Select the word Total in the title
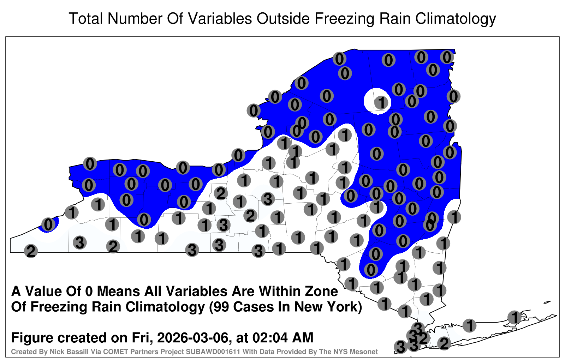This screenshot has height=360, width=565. point(86,19)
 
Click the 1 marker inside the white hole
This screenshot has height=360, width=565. point(381,103)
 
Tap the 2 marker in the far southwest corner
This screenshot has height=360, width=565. point(31,251)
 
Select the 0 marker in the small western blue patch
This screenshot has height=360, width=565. point(48,224)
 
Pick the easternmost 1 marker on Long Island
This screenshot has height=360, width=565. point(514,317)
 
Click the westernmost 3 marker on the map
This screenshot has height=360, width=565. point(80,243)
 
